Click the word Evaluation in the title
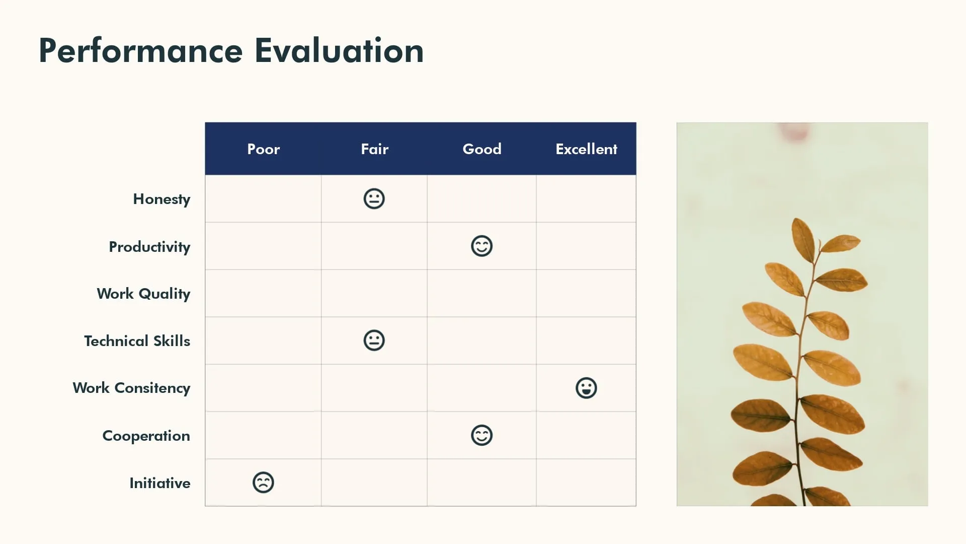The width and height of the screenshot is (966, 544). click(339, 51)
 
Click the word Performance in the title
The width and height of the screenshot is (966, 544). click(140, 51)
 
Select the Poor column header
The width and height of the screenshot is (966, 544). click(263, 149)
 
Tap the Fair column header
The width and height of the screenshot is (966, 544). click(374, 149)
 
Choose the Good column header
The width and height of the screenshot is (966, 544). click(481, 149)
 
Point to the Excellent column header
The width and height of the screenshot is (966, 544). click(586, 149)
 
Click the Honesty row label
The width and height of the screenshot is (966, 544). click(162, 199)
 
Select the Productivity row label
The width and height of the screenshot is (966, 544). click(149, 247)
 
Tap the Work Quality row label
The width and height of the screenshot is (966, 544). click(143, 294)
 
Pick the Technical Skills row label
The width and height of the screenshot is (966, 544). click(137, 341)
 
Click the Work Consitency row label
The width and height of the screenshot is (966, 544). click(131, 388)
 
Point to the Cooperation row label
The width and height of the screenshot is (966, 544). click(146, 436)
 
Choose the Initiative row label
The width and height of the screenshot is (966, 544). click(159, 483)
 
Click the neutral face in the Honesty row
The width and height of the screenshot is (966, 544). click(374, 199)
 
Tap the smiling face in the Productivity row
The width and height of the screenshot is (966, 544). click(481, 246)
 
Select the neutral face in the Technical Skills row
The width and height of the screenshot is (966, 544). click(374, 341)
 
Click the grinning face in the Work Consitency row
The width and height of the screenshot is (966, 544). click(586, 388)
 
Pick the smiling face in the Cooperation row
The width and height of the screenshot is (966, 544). click(481, 435)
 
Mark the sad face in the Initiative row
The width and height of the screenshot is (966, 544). click(263, 483)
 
